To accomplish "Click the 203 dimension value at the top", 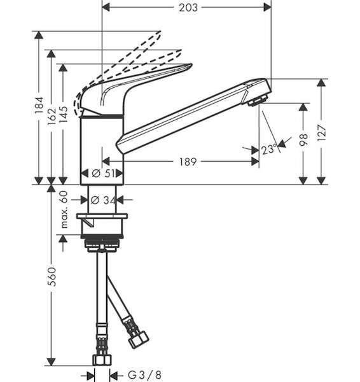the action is [x=188, y=8].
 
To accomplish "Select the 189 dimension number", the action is [x=188, y=162].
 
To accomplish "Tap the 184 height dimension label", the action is [x=39, y=105].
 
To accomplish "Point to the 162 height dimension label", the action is [x=52, y=117].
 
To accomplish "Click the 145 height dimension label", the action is [x=63, y=115].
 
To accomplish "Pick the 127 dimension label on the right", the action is [x=322, y=132].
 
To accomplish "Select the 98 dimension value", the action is [x=303, y=139].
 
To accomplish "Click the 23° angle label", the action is [x=269, y=149].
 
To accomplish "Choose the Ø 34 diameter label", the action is [x=102, y=200].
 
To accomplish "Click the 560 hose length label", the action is [x=52, y=276].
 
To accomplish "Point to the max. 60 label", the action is [x=64, y=209].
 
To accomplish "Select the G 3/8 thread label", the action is [x=144, y=375].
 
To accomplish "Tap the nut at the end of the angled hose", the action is [x=138, y=339].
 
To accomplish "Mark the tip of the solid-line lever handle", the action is [x=192, y=65].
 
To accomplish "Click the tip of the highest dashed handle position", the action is [x=160, y=32].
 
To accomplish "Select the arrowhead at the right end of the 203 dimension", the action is [x=267, y=8].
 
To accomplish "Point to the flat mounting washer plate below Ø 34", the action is [x=102, y=216].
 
